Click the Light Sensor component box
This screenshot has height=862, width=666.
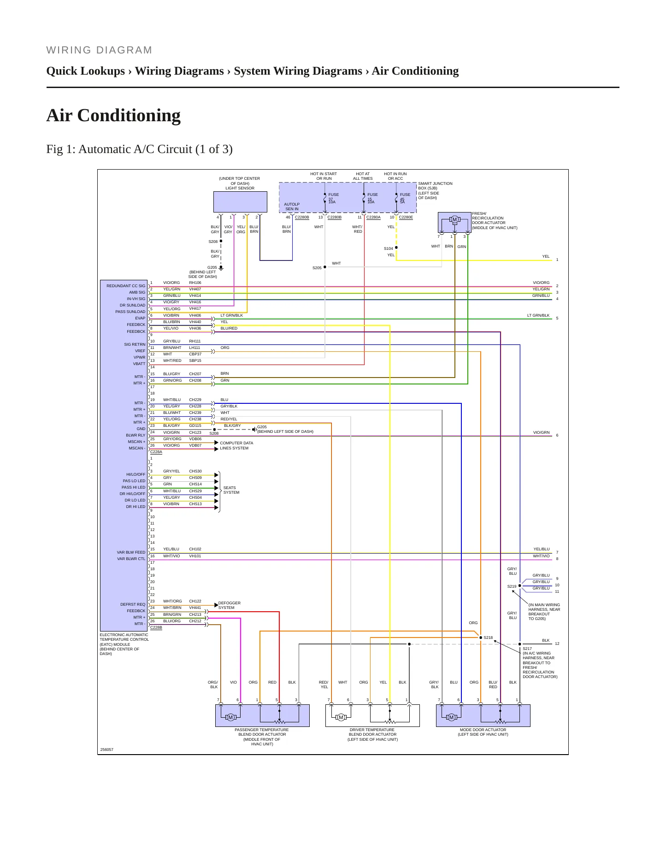click(240, 202)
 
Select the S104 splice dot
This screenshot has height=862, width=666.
click(396, 248)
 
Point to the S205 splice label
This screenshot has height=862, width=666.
click(317, 268)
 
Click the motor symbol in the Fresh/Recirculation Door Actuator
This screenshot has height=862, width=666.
click(454, 219)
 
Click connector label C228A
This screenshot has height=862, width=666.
click(156, 452)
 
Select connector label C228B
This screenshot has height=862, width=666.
click(156, 627)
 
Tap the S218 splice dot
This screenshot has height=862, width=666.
click(481, 638)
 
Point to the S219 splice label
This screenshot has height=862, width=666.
click(512, 586)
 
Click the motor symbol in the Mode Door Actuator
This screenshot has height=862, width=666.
click(452, 717)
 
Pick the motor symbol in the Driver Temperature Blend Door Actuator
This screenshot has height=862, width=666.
click(341, 717)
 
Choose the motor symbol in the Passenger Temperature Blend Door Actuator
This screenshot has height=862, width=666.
click(231, 717)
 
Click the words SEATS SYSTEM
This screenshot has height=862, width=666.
click(231, 490)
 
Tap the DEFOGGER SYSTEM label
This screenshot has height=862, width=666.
click(229, 605)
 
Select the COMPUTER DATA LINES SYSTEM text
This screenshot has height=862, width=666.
click(236, 445)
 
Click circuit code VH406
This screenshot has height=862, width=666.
click(195, 315)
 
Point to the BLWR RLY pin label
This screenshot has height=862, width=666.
click(136, 435)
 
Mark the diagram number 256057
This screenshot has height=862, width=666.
click(106, 750)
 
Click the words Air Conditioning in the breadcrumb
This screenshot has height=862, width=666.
click(415, 71)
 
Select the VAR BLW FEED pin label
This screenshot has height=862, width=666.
click(131, 552)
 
